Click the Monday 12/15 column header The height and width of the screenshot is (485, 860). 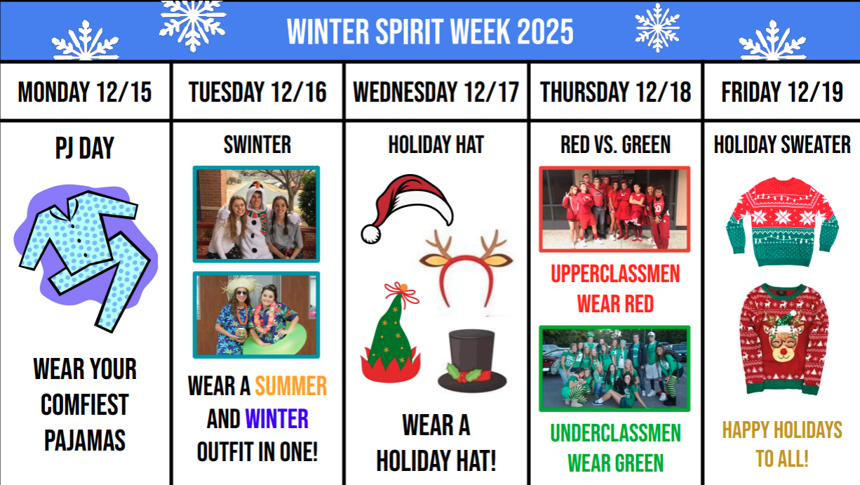click(x=85, y=92)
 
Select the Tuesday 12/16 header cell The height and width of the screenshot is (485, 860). click(x=257, y=92)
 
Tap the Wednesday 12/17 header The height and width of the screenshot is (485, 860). click(x=436, y=92)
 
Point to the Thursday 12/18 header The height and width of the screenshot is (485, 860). click(x=615, y=92)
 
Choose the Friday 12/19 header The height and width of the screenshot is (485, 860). click(x=782, y=92)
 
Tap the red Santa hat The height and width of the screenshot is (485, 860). click(x=407, y=208)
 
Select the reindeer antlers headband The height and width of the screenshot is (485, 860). click(x=466, y=267)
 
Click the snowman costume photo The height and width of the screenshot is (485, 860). click(x=256, y=214)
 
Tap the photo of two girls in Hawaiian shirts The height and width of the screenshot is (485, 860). click(x=256, y=315)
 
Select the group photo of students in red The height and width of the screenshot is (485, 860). click(x=614, y=209)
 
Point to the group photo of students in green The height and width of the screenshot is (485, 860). click(x=614, y=368)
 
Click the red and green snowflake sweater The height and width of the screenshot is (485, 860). click(x=781, y=222)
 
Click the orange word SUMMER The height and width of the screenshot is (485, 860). click(x=290, y=386)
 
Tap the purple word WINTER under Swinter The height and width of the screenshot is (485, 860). click(x=276, y=420)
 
